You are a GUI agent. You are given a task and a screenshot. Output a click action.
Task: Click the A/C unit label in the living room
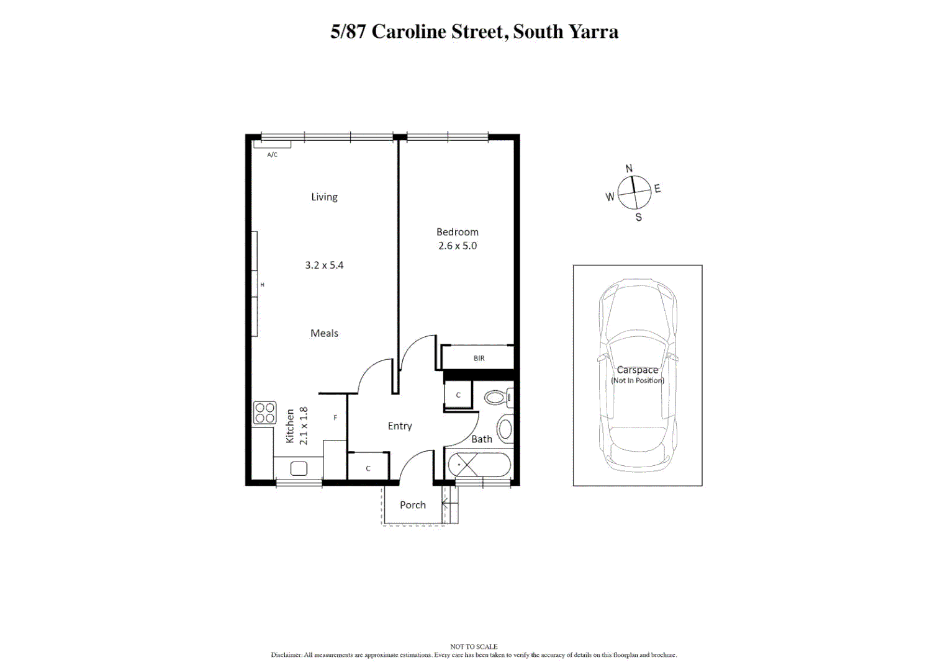tap(272, 154)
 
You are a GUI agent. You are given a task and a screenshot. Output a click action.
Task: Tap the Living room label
tap(324, 197)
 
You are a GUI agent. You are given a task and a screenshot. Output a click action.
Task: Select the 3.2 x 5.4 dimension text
tap(324, 265)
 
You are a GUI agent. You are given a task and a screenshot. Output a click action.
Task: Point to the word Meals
tap(324, 333)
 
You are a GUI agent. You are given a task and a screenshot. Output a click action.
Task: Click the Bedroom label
tap(457, 232)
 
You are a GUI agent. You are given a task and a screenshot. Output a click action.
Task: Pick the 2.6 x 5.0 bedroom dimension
tap(457, 246)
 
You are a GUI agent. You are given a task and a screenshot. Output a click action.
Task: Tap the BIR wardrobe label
tap(479, 359)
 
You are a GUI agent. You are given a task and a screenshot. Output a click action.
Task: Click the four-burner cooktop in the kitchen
tap(264, 413)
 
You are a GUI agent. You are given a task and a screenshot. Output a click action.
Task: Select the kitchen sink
tap(299, 468)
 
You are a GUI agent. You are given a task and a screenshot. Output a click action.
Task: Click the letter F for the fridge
tap(335, 418)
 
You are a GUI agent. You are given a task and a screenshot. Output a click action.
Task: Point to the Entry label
tap(400, 426)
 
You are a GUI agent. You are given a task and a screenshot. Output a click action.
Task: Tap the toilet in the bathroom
tap(499, 397)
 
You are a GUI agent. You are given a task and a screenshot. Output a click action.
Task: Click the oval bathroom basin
tap(505, 429)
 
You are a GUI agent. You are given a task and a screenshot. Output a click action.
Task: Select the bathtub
tap(479, 464)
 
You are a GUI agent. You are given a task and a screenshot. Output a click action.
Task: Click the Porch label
tap(413, 505)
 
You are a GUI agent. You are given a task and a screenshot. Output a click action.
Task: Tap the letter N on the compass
tap(629, 168)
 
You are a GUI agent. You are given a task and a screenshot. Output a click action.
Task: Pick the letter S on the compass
tap(638, 217)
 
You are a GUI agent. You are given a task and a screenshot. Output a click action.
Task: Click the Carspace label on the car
tap(637, 370)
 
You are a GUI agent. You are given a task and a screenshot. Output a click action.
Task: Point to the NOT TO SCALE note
tap(474, 646)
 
